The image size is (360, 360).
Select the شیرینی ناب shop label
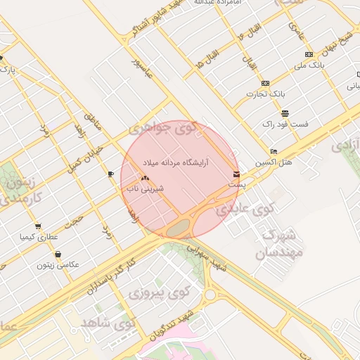[145, 188]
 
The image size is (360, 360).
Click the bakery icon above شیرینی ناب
[146, 179]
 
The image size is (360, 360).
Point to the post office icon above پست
[236, 174]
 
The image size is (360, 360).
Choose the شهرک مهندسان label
[281, 243]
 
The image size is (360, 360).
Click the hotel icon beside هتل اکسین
[274, 152]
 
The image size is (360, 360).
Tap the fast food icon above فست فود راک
[285, 113]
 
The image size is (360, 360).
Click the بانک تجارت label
[263, 94]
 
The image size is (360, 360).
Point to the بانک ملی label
[310, 65]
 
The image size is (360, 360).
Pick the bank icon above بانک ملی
[309, 54]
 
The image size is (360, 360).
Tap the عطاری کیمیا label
[37, 236]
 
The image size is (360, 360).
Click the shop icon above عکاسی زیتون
[57, 255]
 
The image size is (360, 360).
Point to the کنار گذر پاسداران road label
[112, 276]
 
